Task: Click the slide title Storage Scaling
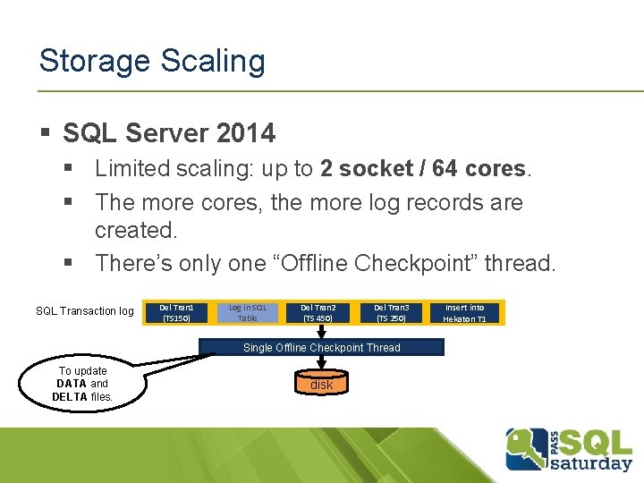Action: point(152,61)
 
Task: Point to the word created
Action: point(136,230)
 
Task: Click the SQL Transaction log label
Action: point(84,311)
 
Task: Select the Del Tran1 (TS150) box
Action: point(175,312)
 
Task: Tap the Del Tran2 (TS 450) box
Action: point(319,312)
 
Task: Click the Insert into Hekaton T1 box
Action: point(465,312)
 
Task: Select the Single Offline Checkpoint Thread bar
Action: point(322,347)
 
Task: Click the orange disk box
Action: point(321,385)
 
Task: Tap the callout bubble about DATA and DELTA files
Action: point(83,384)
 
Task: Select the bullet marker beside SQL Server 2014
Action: point(45,134)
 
